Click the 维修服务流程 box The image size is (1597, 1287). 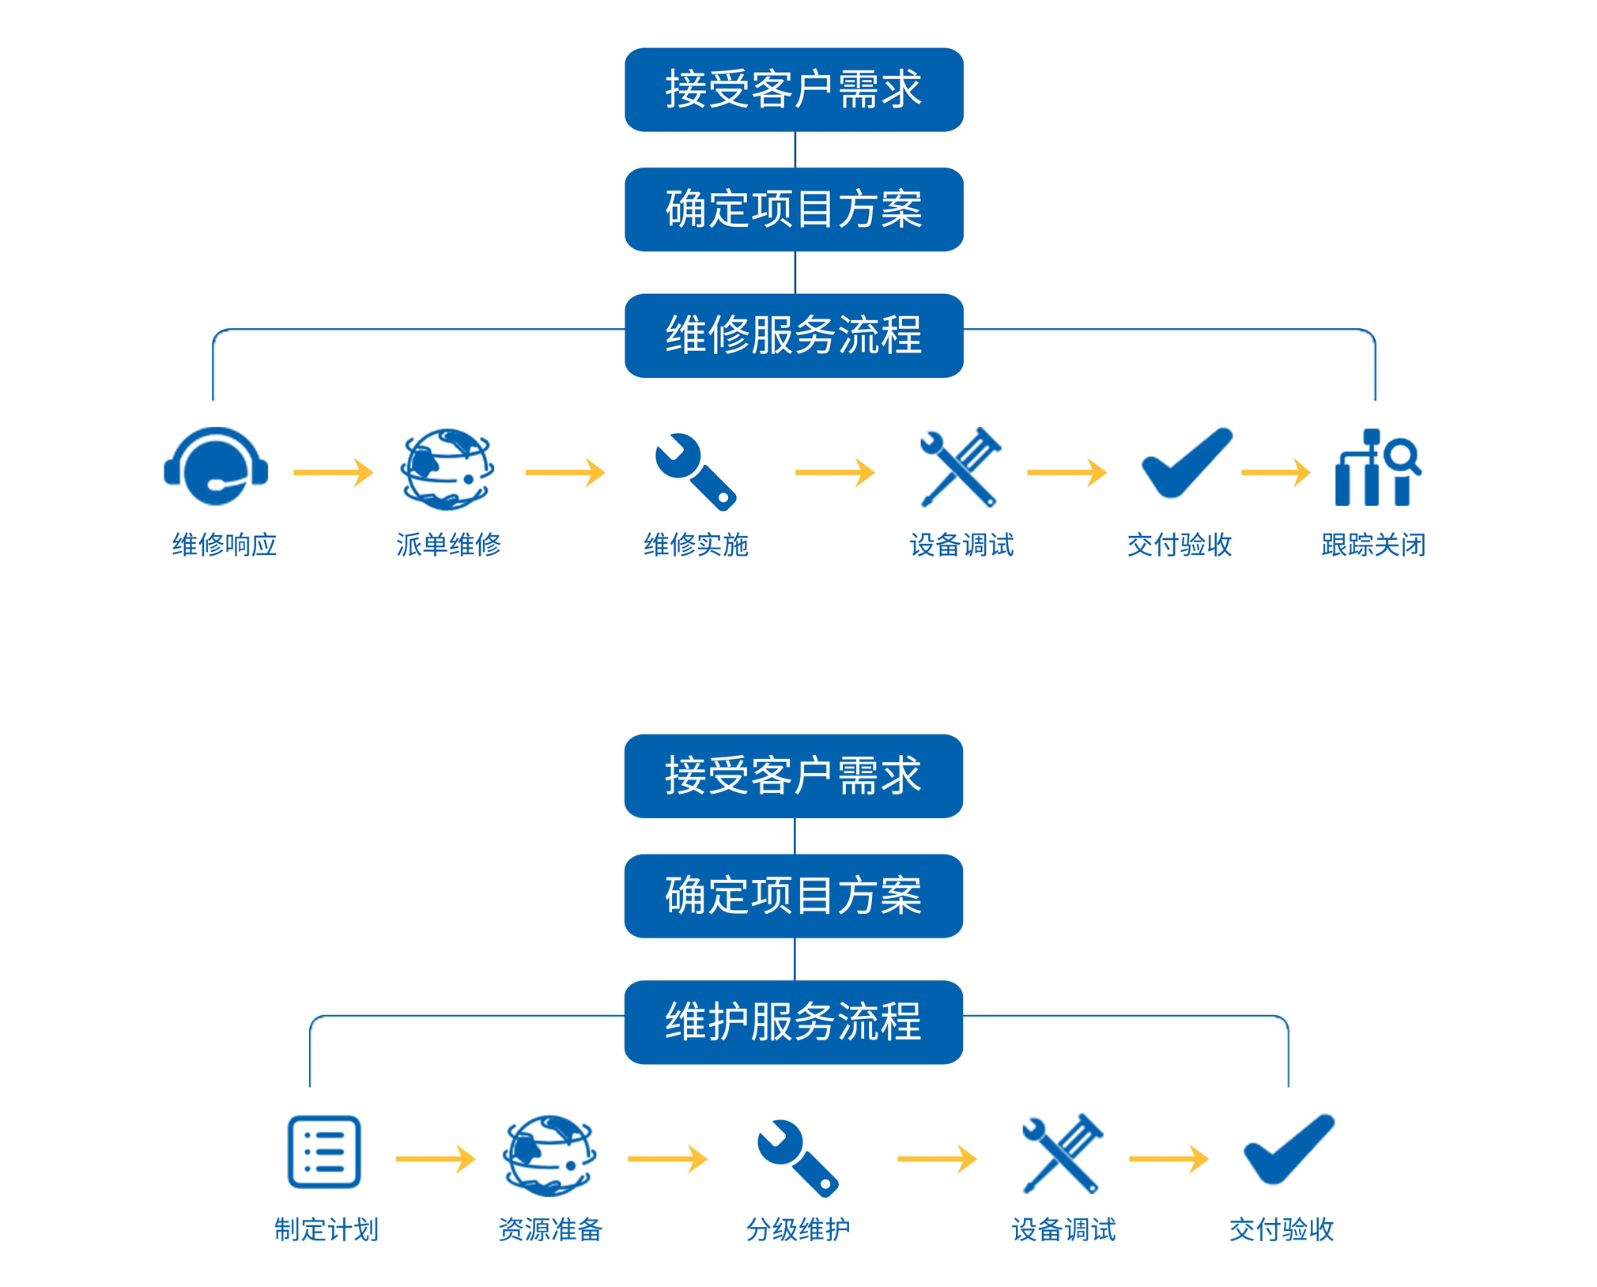coord(793,335)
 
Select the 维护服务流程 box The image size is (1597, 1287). coord(793,1021)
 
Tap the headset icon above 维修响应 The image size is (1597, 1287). coord(216,466)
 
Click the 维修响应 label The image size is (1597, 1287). coord(225,545)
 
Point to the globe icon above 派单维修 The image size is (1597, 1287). coord(447,469)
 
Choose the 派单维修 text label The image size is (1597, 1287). coord(448,545)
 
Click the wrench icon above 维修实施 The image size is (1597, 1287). coord(695,471)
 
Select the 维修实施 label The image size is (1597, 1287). coord(696,545)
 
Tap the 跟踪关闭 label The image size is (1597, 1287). coord(1373,545)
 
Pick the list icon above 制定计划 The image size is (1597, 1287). coord(324,1152)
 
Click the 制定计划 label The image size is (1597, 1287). coord(327,1229)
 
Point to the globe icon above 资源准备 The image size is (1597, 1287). coord(549,1155)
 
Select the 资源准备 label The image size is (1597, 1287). coord(550,1229)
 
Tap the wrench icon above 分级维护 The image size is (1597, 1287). coord(797,1157)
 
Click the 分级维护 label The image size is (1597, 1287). coord(798,1229)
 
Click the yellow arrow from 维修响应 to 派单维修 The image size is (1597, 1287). coord(333,472)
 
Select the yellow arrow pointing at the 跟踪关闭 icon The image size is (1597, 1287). coord(1275,472)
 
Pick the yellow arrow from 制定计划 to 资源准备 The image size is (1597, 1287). coord(435,1159)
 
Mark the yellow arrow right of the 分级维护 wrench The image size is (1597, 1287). coord(937,1159)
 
